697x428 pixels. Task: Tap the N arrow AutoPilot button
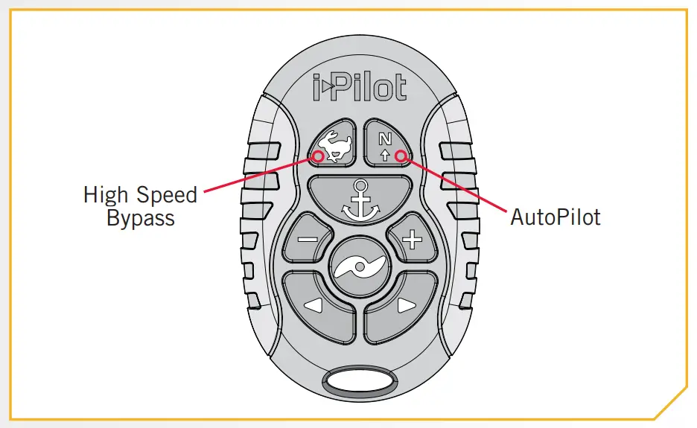point(386,141)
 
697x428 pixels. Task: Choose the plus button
point(411,240)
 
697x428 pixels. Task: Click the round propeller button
point(359,266)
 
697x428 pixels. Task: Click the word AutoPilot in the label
point(555,217)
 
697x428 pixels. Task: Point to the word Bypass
point(140,219)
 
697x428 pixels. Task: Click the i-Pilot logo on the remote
point(359,87)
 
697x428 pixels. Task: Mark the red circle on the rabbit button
point(319,156)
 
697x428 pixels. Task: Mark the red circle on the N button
point(401,156)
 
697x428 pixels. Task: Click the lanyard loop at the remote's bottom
point(359,381)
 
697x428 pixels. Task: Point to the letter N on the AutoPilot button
point(384,138)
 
